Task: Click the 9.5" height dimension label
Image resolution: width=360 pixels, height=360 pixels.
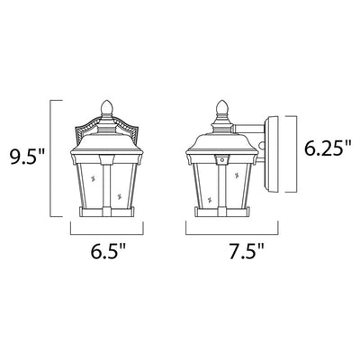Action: point(27,157)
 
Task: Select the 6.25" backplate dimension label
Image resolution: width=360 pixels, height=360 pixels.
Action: point(328,148)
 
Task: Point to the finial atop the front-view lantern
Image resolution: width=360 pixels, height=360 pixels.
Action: point(105,109)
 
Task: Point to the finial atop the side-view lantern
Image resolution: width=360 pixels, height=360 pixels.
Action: point(221,109)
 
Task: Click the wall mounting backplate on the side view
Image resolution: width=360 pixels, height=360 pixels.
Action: point(271,155)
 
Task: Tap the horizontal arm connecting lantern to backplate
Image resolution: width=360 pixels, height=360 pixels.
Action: point(249,128)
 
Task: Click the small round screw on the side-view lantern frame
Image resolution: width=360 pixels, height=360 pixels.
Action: point(222,160)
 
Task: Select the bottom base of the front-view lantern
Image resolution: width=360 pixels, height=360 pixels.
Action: point(106,211)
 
